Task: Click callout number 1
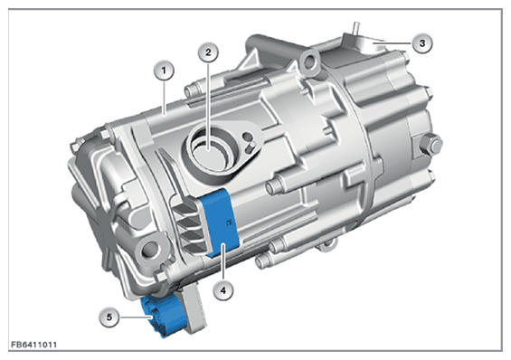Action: click(164, 71)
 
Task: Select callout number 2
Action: click(208, 52)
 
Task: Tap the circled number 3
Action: click(422, 43)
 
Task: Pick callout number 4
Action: click(223, 289)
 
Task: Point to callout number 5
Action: click(109, 317)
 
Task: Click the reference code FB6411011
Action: click(33, 345)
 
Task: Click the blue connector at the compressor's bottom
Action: click(160, 315)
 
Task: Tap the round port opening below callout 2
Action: click(210, 150)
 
